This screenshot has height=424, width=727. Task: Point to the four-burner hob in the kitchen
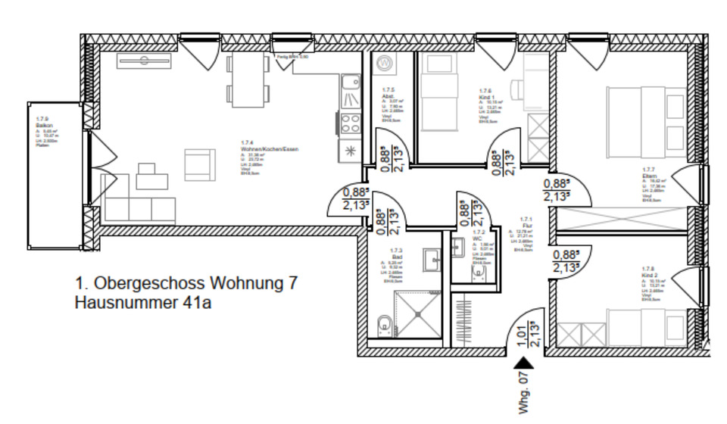pos(351,123)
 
